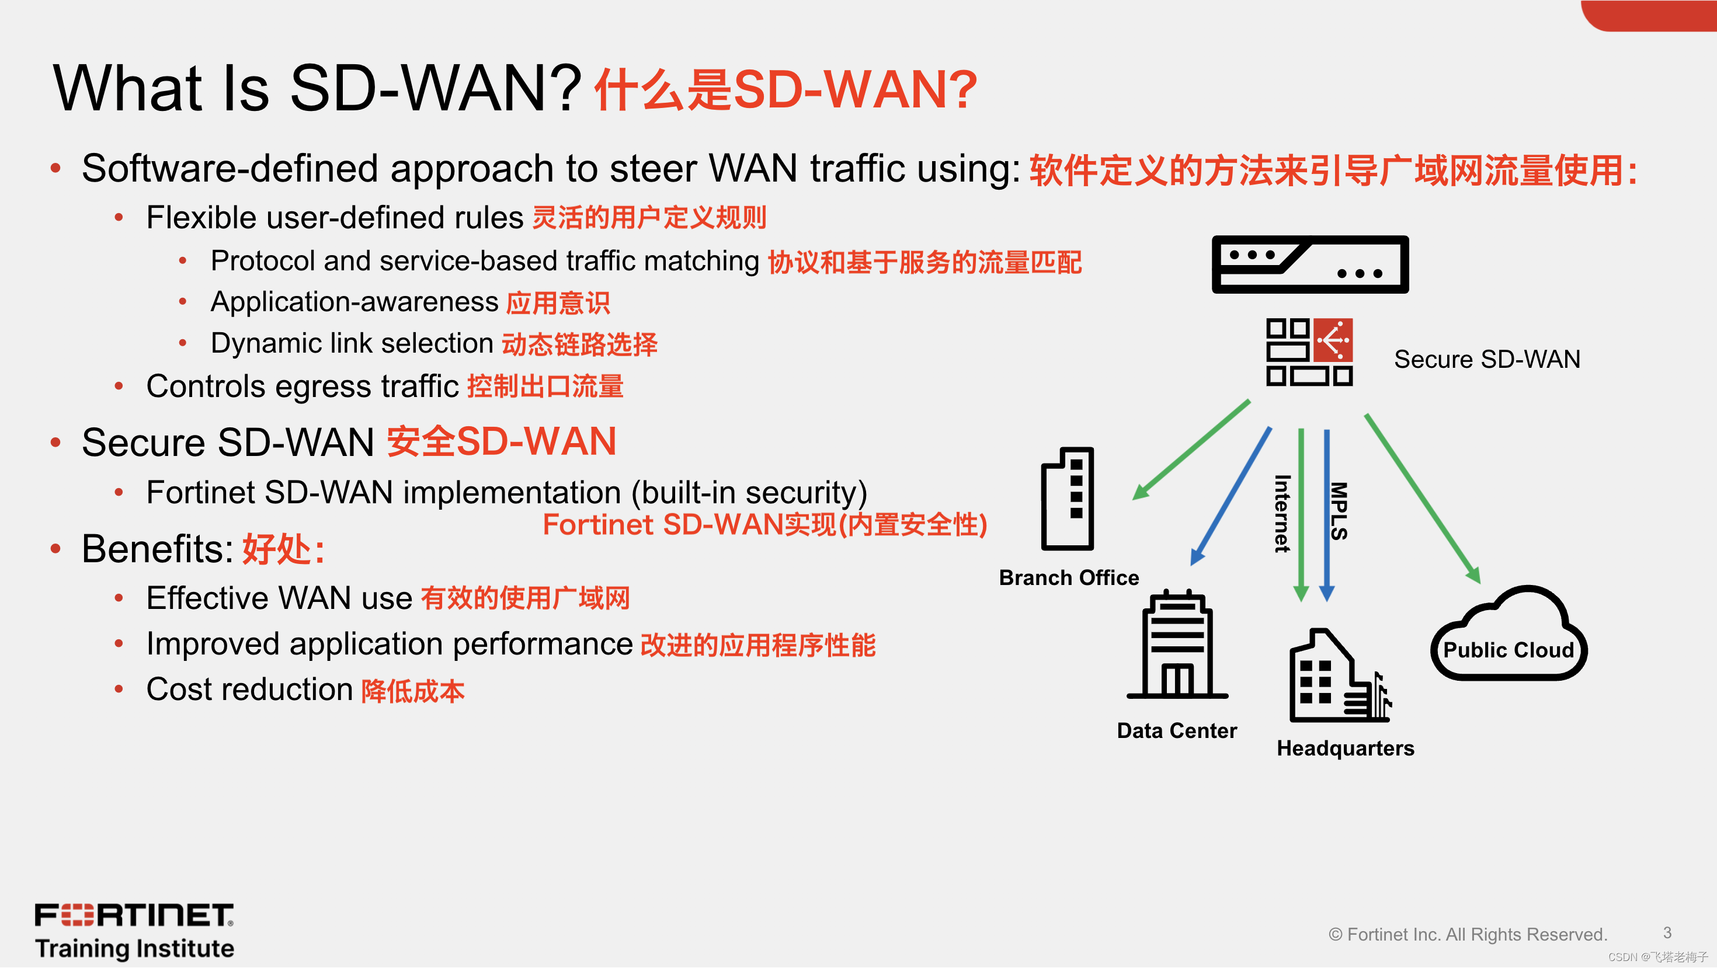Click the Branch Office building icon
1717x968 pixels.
1067,499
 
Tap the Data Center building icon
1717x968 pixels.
1177,645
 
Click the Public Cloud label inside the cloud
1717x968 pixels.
1509,650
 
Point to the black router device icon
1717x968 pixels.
1310,264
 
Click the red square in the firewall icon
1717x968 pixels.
1333,340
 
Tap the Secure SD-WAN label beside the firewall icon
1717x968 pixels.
1486,360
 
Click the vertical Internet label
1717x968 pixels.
1282,514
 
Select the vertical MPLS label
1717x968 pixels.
1339,511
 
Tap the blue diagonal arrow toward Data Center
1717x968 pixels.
1231,496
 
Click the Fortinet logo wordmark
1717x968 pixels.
134,915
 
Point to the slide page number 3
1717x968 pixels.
1667,933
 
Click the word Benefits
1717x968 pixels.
157,549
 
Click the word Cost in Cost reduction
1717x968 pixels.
179,690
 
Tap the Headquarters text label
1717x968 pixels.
1345,748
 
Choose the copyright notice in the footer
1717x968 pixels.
1468,935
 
